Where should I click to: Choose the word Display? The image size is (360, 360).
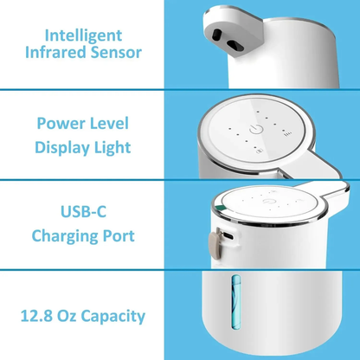click(x=63, y=147)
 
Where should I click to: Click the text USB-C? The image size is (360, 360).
click(x=82, y=212)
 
